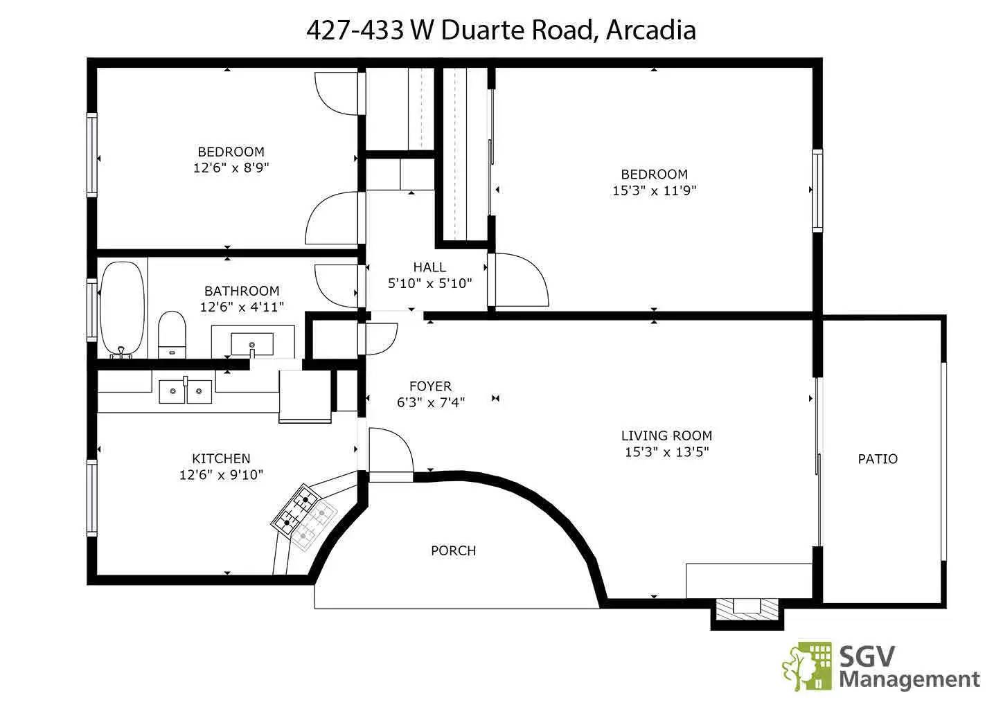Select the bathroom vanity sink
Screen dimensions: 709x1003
252,343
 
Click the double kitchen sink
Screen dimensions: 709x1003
186,392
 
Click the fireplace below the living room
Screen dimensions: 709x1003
747,609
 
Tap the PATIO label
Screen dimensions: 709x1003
877,459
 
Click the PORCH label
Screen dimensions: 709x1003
453,551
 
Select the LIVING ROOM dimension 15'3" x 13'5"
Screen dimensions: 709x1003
666,452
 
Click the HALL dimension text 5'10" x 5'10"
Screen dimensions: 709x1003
429,283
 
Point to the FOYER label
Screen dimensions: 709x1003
430,386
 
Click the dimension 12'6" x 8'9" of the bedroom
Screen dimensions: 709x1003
231,168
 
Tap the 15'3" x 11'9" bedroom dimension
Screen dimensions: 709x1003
654,190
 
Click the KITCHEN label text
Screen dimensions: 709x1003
221,458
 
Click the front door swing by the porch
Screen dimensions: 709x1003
390,450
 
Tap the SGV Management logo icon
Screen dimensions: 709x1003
808,665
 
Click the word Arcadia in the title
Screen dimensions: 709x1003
650,30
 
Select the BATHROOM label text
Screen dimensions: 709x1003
242,291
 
